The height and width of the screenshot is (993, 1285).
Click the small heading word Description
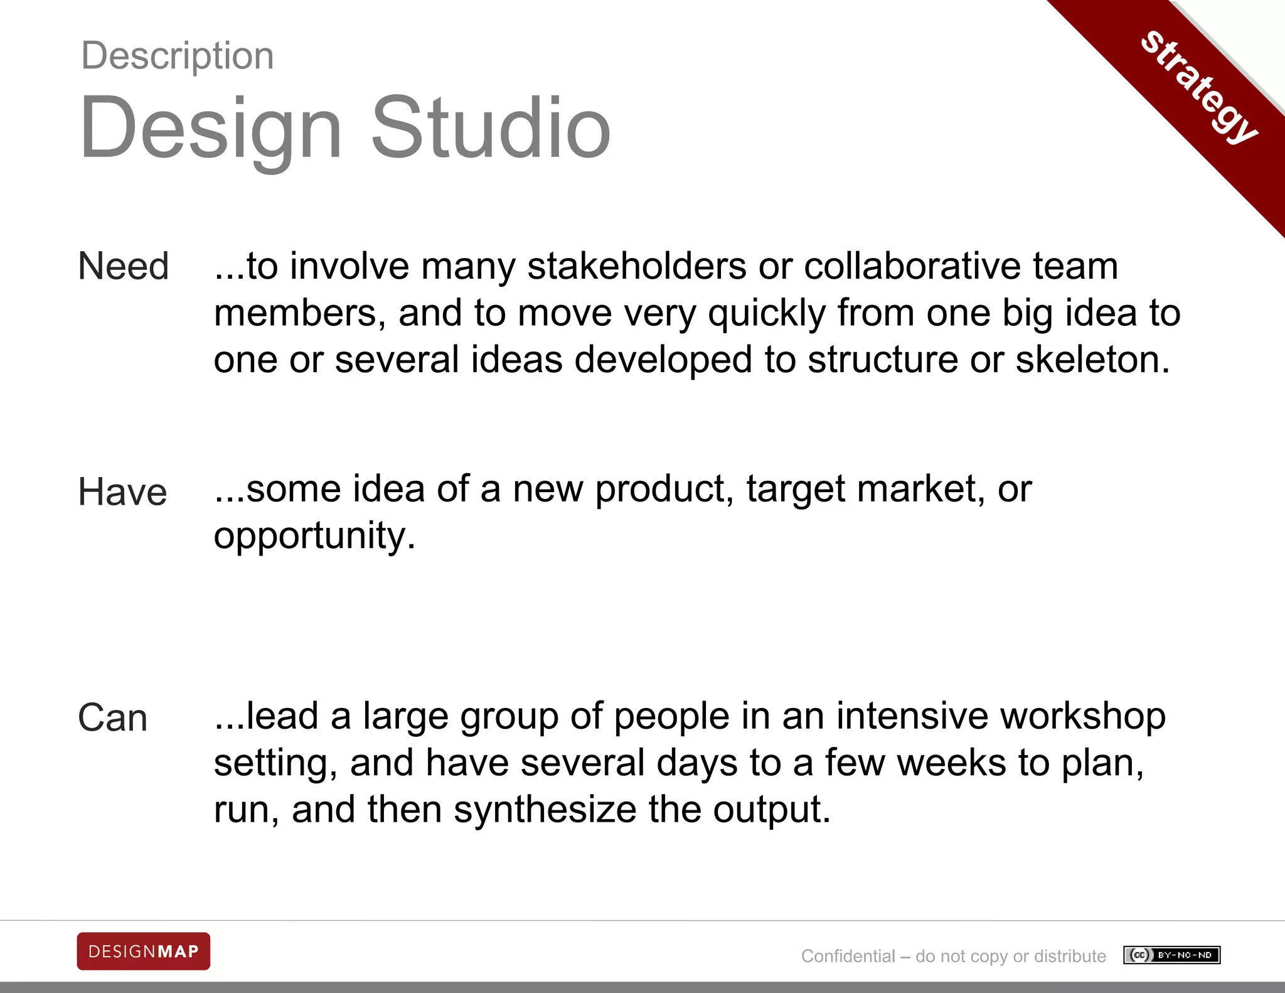178,56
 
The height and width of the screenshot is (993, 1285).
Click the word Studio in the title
491,128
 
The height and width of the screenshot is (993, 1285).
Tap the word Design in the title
211,128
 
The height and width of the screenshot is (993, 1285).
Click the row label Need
124,266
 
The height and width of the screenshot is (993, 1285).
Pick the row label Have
122,492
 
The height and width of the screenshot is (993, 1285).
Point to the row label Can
113,718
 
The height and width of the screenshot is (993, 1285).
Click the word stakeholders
637,266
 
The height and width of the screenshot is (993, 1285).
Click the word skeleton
1092,360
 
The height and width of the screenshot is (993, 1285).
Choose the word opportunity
314,536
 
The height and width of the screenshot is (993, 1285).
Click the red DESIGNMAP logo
144,951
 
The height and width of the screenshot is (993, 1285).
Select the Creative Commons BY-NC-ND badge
1171,955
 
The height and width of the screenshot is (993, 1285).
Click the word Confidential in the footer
848,956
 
